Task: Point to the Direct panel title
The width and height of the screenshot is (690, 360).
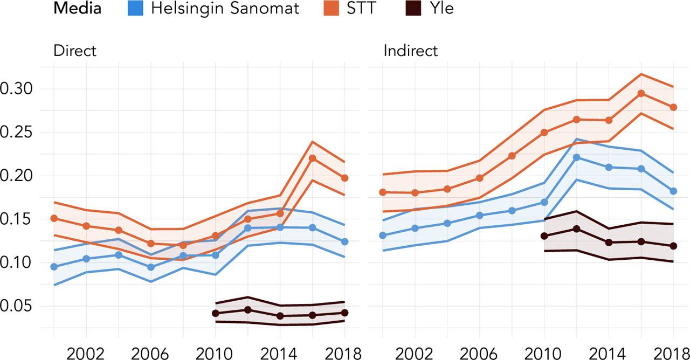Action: (74, 51)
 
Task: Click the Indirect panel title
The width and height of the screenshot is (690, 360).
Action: (410, 51)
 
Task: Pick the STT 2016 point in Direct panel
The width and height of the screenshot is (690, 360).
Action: (312, 158)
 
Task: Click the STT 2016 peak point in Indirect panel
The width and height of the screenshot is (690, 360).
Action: (641, 93)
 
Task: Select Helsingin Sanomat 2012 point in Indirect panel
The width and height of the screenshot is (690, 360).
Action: (576, 157)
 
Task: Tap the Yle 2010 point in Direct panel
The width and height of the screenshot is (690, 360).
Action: (216, 313)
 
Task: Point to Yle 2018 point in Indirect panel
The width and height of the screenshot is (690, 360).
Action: (673, 246)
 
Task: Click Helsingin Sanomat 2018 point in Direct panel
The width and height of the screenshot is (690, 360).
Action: (344, 241)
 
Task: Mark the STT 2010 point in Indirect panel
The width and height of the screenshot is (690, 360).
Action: (544, 133)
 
